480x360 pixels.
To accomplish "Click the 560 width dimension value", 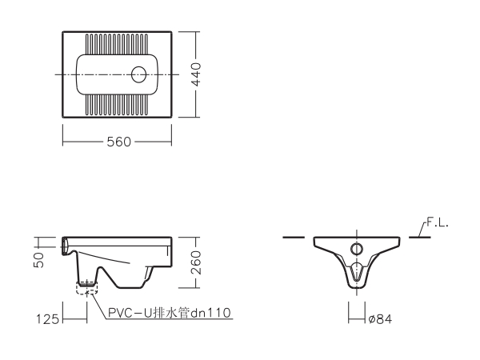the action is click(118, 142).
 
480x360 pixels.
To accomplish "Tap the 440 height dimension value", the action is click(196, 74).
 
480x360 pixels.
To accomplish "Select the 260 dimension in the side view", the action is click(196, 262).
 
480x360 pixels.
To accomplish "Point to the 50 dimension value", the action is click(39, 260).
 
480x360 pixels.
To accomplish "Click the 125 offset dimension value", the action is click(47, 319).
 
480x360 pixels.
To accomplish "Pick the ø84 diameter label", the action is click(380, 319).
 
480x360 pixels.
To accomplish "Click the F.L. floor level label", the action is click(438, 223).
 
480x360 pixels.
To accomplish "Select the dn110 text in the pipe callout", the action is click(210, 313).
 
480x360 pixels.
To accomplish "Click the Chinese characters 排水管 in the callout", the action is click(171, 313).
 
